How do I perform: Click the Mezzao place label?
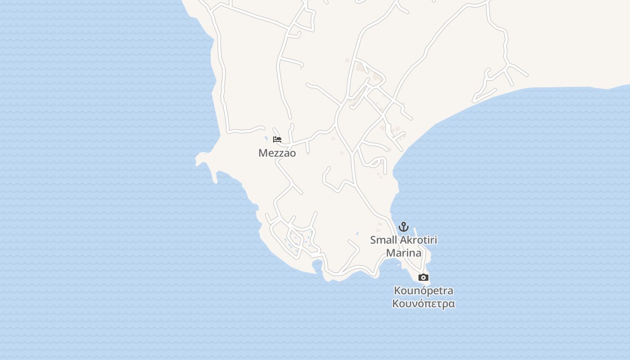277,153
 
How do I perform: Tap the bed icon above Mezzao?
277,139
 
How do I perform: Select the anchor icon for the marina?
404,226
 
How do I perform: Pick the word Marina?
404,253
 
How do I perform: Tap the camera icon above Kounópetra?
423,277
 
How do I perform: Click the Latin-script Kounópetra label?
423,290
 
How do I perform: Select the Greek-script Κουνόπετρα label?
423,304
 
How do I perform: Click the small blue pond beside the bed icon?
266,138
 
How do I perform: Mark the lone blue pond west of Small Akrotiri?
357,233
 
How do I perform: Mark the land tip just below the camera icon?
427,284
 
